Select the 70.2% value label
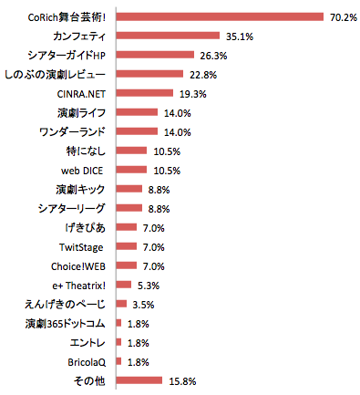coord(344,16)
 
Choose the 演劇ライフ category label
coord(81,112)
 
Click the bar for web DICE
coord(131,170)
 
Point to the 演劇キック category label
coord(80,189)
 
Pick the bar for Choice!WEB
coord(127,265)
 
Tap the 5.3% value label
coord(149,285)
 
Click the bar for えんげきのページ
coord(121,304)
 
